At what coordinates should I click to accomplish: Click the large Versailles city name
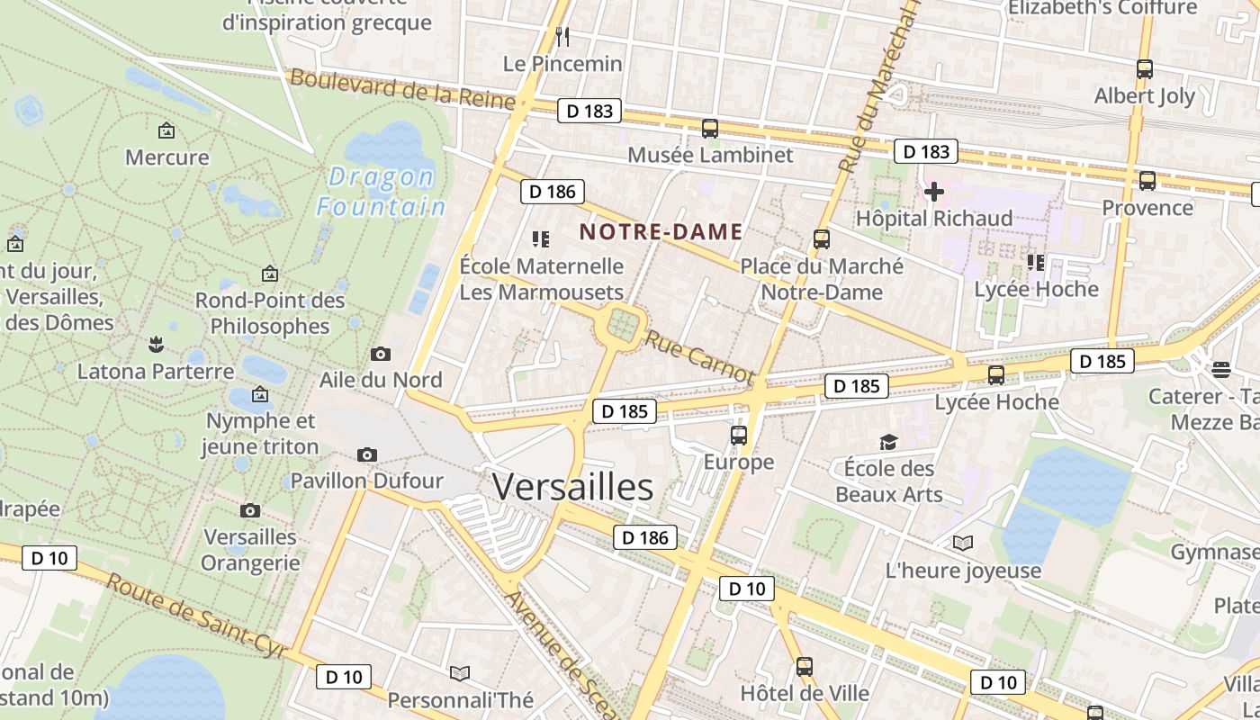tap(572, 487)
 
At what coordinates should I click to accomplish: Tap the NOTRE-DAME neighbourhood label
tap(661, 231)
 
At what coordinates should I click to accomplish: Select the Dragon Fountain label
tap(381, 192)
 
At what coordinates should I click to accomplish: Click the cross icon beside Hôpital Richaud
tap(933, 191)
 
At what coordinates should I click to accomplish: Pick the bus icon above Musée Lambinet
tap(710, 129)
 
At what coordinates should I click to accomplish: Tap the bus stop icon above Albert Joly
tap(1145, 69)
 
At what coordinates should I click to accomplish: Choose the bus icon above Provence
tap(1147, 181)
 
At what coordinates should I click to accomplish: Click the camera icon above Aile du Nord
tap(381, 354)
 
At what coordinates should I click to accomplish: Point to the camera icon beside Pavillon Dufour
tap(367, 455)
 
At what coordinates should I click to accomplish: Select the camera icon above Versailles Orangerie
tap(250, 511)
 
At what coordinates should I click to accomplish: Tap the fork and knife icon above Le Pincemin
tap(562, 36)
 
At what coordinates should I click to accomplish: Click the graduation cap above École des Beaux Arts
tap(889, 442)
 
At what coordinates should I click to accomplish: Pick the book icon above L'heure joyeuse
tap(963, 543)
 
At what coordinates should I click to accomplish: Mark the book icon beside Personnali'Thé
tap(460, 673)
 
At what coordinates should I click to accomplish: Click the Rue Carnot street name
tap(699, 356)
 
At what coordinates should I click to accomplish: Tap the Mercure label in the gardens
tap(166, 157)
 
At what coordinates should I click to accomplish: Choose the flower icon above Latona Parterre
tap(156, 343)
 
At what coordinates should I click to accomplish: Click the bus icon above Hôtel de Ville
tap(805, 667)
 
